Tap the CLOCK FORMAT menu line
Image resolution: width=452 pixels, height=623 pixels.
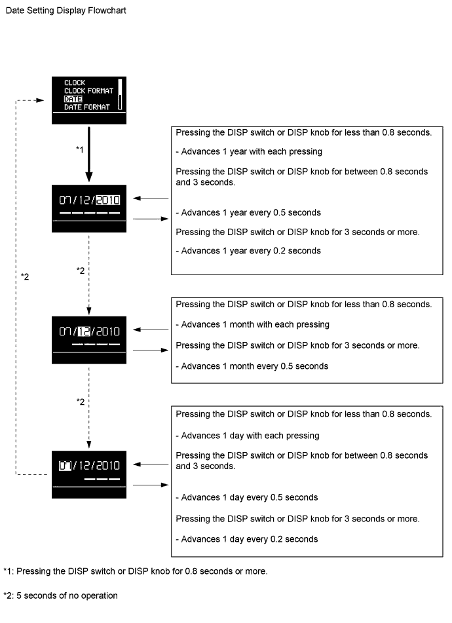[x=89, y=90]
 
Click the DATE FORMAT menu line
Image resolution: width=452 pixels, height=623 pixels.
[x=86, y=107]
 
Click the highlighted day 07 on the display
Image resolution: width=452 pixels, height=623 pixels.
[x=65, y=465]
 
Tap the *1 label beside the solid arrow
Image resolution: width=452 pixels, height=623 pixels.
[x=81, y=150]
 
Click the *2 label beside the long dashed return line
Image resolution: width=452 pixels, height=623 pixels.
[x=25, y=276]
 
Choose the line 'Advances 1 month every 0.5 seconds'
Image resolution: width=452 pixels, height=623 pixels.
[x=252, y=366]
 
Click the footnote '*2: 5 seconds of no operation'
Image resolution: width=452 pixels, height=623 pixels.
[x=60, y=595]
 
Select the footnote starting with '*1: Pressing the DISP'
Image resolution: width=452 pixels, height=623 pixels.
[x=135, y=571]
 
